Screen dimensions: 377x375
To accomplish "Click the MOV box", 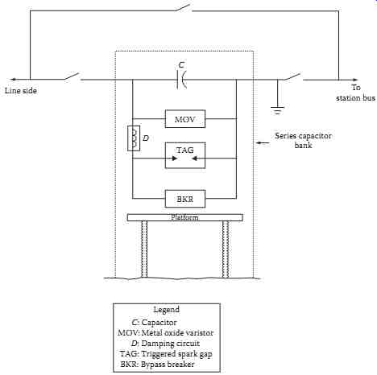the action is [185, 118].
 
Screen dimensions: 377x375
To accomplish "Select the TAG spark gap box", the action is [185, 155].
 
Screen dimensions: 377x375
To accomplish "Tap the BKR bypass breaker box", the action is [185, 199].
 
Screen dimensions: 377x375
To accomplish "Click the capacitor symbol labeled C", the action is [182, 80].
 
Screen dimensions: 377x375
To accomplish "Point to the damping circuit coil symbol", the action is [134, 138].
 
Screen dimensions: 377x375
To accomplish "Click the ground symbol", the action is [277, 110].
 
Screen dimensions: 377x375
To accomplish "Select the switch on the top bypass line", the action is [184, 7].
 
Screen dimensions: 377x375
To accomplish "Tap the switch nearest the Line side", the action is [72, 76].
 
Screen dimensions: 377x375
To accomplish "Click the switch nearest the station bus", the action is [293, 76].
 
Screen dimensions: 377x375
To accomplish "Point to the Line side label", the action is [21, 90].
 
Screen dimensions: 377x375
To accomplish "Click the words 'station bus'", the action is [355, 98].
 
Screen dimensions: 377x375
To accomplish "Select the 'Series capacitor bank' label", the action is [303, 140].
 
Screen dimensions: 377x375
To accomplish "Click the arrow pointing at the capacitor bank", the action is [263, 142].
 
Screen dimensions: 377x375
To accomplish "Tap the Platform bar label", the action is [184, 217].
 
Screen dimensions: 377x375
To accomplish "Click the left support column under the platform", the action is [144, 249].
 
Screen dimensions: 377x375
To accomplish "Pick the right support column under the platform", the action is [226, 249].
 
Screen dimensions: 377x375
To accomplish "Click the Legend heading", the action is [167, 310].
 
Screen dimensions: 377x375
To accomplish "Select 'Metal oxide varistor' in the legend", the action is [177, 333].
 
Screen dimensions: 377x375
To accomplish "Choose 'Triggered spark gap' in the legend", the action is [176, 354].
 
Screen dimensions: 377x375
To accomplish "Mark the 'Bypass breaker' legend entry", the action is [168, 365].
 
